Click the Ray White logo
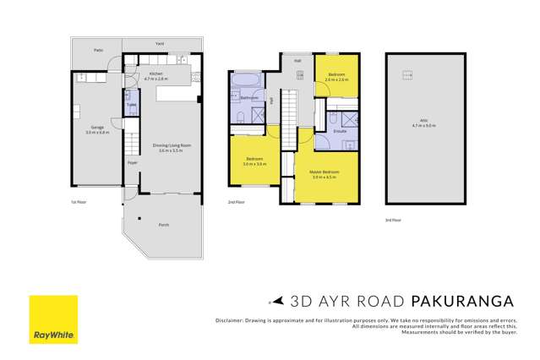point(53,319)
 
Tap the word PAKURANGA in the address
point(462,300)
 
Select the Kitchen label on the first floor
point(156,75)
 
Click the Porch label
point(163,225)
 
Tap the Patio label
point(95,48)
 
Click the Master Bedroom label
point(324,174)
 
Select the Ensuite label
point(341,131)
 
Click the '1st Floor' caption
point(79,202)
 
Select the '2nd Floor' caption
point(236,202)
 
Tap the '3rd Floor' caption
point(393,220)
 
